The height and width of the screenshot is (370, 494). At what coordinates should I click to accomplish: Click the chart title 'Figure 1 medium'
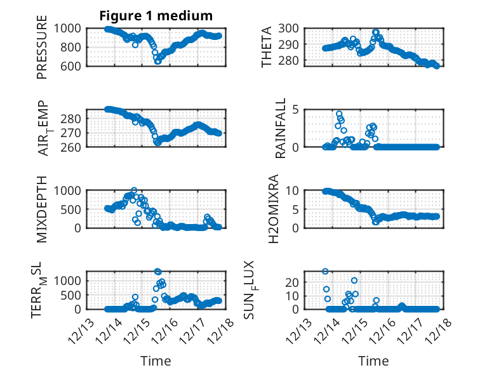pos(156,15)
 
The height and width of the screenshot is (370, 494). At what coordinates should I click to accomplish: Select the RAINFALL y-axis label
pos(280,128)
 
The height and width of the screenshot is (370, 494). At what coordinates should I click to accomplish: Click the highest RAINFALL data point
pos(339,114)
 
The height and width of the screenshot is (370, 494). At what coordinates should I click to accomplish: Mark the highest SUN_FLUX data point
pos(325,271)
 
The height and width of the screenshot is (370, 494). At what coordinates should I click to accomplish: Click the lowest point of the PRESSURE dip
pos(157,62)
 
